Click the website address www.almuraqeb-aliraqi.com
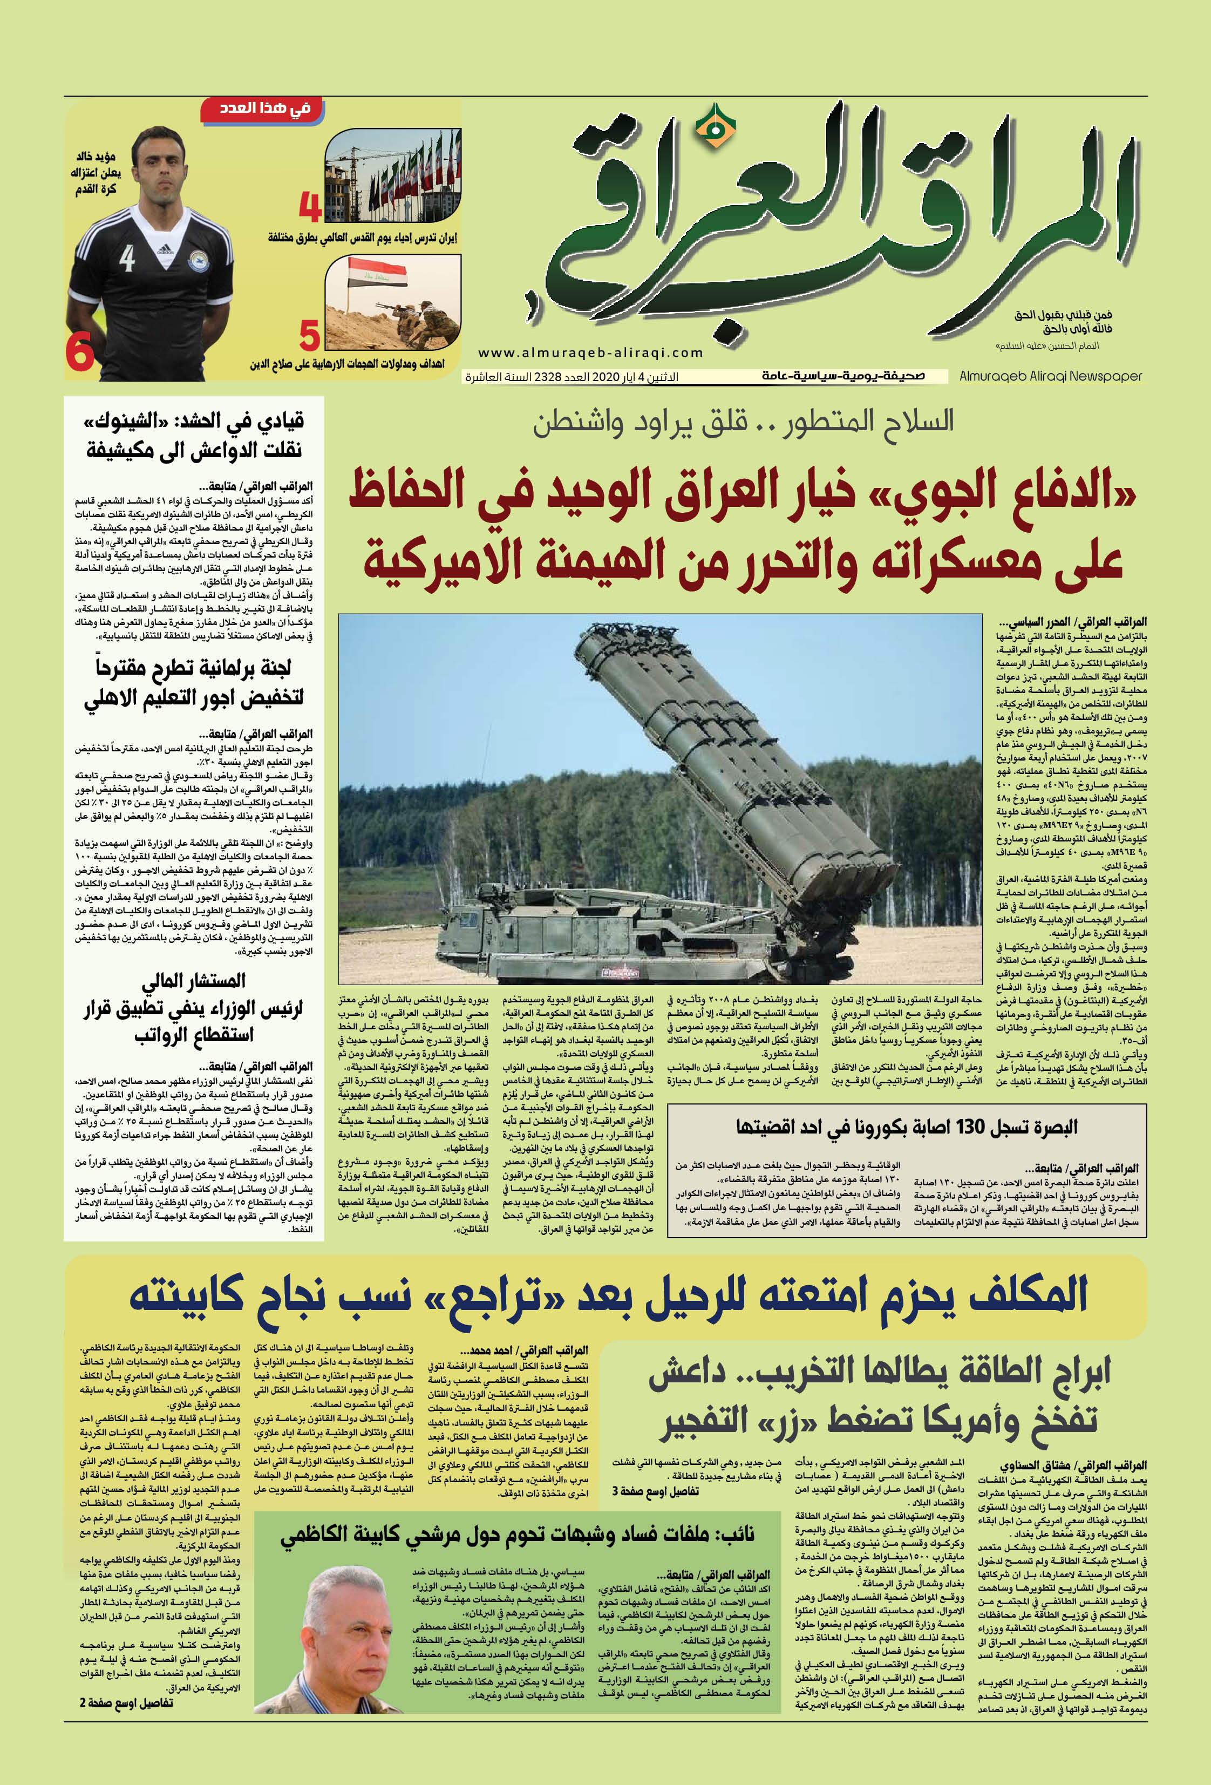(x=590, y=352)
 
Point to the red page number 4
(x=309, y=207)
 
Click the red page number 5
(x=309, y=336)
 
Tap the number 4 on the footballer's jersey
(x=127, y=258)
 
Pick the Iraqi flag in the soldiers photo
(x=366, y=273)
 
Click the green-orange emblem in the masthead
(x=715, y=127)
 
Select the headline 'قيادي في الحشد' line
(x=194, y=421)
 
